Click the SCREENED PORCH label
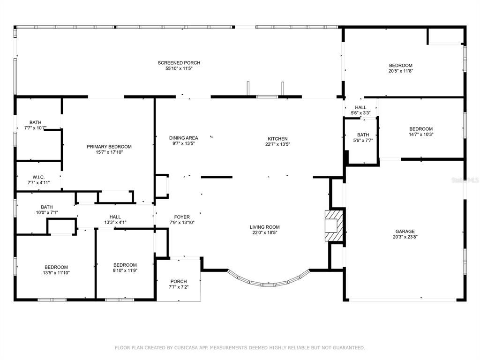(x=179, y=63)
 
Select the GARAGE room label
(x=405, y=232)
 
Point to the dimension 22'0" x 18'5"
(x=264, y=232)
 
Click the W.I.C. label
(x=38, y=177)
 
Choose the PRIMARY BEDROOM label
(x=109, y=147)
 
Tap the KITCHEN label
(x=277, y=139)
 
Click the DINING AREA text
(x=184, y=138)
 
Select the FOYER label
(x=182, y=217)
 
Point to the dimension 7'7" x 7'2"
(x=179, y=287)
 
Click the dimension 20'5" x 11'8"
(x=400, y=71)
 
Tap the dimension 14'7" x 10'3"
(x=421, y=135)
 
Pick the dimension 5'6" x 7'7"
(x=363, y=141)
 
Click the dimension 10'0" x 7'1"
(x=47, y=212)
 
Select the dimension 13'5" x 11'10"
(x=56, y=273)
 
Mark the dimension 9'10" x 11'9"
(x=125, y=270)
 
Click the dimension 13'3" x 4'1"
(x=115, y=223)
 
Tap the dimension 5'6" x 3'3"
(x=360, y=113)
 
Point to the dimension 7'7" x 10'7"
(x=36, y=128)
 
